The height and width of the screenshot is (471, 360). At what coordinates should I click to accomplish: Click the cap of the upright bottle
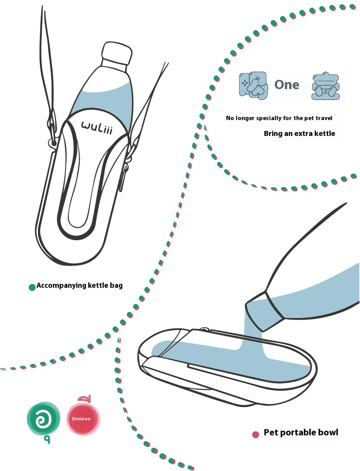[x=117, y=53]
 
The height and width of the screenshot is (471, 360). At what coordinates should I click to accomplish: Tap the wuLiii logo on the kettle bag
[x=97, y=127]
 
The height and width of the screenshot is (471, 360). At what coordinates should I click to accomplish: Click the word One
[x=287, y=85]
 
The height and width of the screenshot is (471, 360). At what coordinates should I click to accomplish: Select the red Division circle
[x=83, y=419]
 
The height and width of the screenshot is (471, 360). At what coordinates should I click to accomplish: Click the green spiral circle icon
[x=43, y=418]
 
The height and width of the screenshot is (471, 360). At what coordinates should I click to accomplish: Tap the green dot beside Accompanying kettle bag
[x=32, y=287]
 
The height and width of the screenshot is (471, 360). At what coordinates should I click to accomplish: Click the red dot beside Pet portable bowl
[x=255, y=435]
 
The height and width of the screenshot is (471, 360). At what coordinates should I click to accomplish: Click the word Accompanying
[x=61, y=286]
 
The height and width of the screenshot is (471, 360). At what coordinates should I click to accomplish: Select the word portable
[x=298, y=432]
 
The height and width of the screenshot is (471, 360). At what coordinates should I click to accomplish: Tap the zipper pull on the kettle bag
[x=122, y=178]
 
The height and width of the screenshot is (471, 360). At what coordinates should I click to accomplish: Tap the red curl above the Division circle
[x=85, y=399]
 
